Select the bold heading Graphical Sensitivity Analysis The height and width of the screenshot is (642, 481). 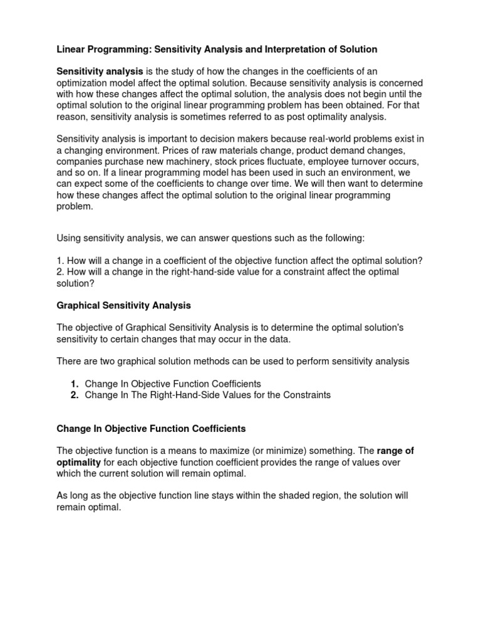click(124, 305)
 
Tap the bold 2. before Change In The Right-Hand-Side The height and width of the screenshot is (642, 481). click(74, 395)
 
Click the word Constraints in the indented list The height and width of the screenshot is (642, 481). click(303, 395)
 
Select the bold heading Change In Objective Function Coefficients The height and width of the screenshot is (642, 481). click(151, 429)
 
